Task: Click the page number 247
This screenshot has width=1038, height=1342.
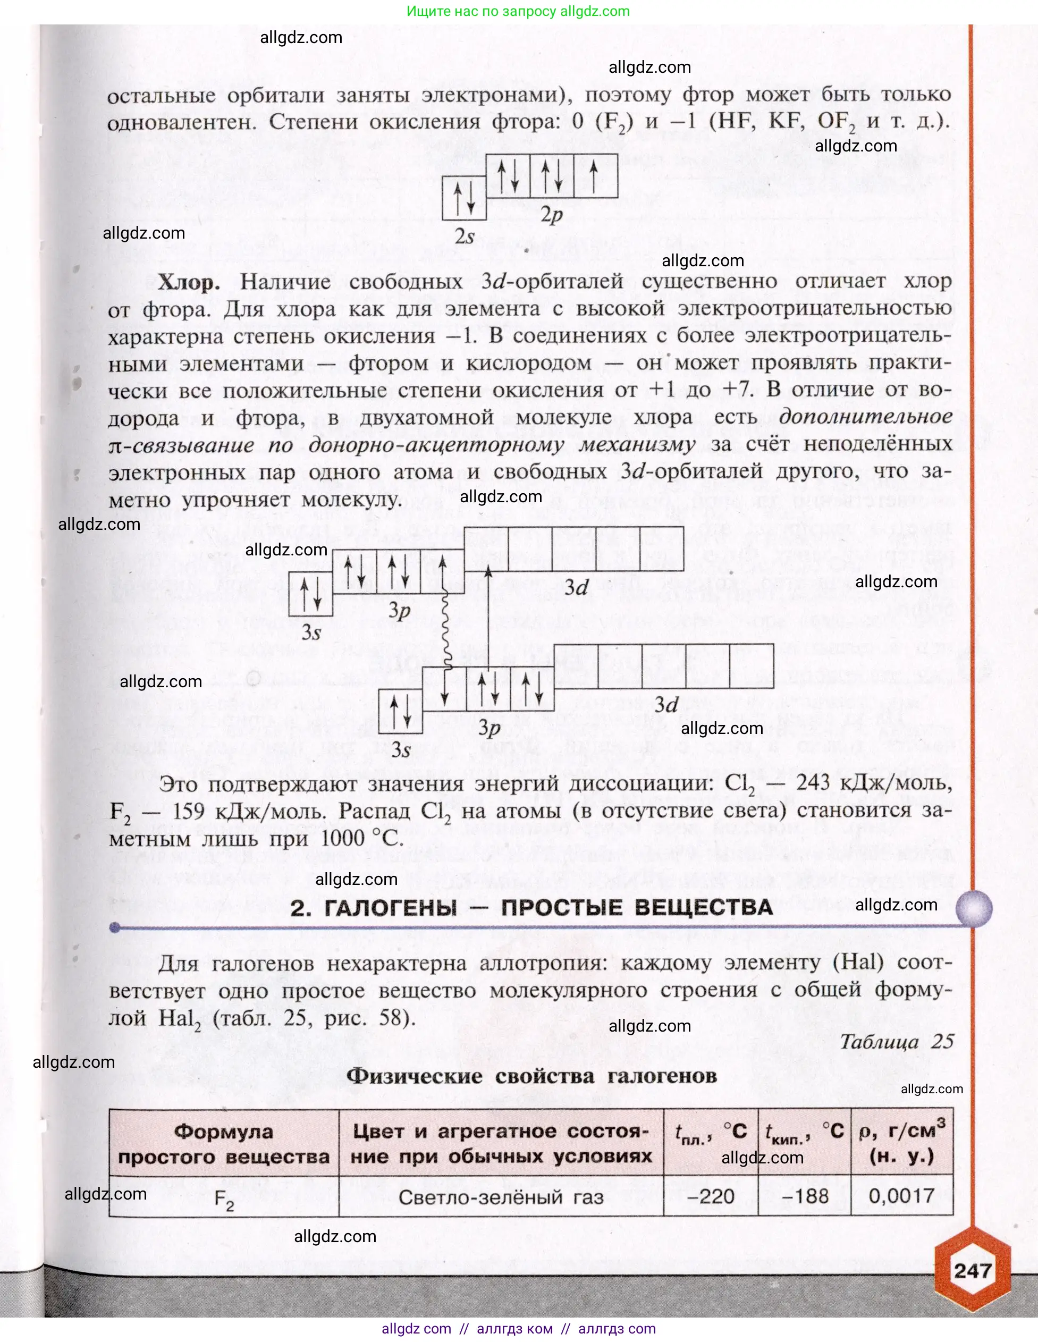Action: tap(973, 1270)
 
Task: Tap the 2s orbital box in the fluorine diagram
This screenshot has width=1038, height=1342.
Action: tap(464, 198)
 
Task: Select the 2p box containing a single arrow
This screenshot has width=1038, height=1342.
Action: tap(595, 176)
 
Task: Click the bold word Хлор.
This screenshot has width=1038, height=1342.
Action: tap(189, 282)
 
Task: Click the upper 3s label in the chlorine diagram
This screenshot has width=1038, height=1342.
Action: tap(311, 632)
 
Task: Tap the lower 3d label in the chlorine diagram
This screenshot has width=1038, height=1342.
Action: tap(666, 704)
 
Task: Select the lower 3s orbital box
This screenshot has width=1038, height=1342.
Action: tap(400, 711)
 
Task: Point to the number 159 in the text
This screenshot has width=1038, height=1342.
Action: tap(188, 811)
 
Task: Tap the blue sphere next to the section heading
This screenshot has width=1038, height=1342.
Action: tap(974, 908)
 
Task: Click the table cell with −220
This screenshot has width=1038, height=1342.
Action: tap(711, 1196)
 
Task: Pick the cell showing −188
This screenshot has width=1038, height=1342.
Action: tap(805, 1196)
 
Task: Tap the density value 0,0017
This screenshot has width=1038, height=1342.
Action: tap(901, 1196)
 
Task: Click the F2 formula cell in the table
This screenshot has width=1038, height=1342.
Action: tap(224, 1198)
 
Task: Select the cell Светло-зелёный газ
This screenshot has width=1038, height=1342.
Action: tap(501, 1197)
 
